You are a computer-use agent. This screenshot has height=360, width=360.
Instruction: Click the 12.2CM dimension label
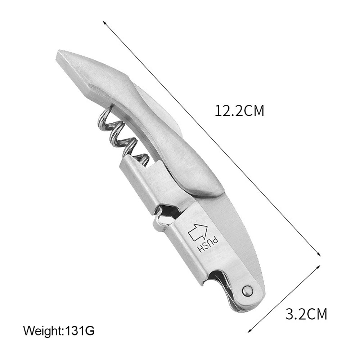point(239,111)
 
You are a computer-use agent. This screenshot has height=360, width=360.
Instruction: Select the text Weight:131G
point(59,331)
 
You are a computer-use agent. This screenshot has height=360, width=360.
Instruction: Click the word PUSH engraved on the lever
point(208,246)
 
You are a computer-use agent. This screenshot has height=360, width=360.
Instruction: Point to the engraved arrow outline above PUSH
point(197,232)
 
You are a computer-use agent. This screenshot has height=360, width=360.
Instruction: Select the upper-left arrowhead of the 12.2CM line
point(105,23)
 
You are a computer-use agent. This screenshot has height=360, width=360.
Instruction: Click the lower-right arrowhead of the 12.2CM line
point(318,254)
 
